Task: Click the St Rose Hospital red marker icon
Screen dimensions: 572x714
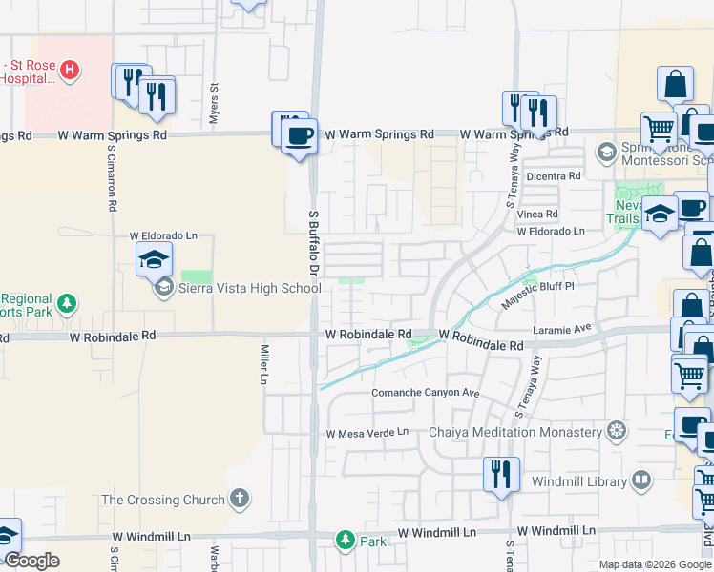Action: (70, 70)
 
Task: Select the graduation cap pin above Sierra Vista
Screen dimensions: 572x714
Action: (154, 258)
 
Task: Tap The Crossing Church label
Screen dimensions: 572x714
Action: (163, 500)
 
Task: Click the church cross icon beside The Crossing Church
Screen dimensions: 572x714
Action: (240, 499)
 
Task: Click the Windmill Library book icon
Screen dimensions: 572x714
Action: (641, 480)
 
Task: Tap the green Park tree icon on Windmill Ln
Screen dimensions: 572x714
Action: (345, 541)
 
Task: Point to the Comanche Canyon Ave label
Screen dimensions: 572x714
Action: (425, 393)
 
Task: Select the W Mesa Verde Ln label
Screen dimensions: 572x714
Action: (367, 433)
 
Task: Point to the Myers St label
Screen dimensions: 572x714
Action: (215, 100)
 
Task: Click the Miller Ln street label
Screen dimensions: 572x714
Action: (264, 364)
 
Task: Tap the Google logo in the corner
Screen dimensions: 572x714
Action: (31, 561)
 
